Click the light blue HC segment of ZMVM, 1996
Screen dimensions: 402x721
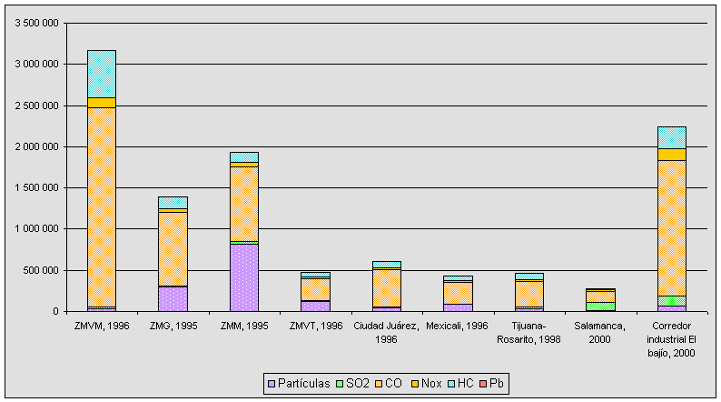click(101, 74)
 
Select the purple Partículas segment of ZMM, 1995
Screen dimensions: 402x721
click(243, 277)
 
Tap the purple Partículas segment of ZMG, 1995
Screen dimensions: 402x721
click(173, 298)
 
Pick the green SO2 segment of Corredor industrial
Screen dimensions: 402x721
click(672, 301)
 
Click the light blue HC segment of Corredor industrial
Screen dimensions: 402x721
click(672, 137)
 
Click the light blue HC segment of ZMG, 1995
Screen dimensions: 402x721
click(173, 203)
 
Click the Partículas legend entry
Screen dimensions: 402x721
click(299, 383)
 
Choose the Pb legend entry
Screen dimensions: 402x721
click(494, 383)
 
